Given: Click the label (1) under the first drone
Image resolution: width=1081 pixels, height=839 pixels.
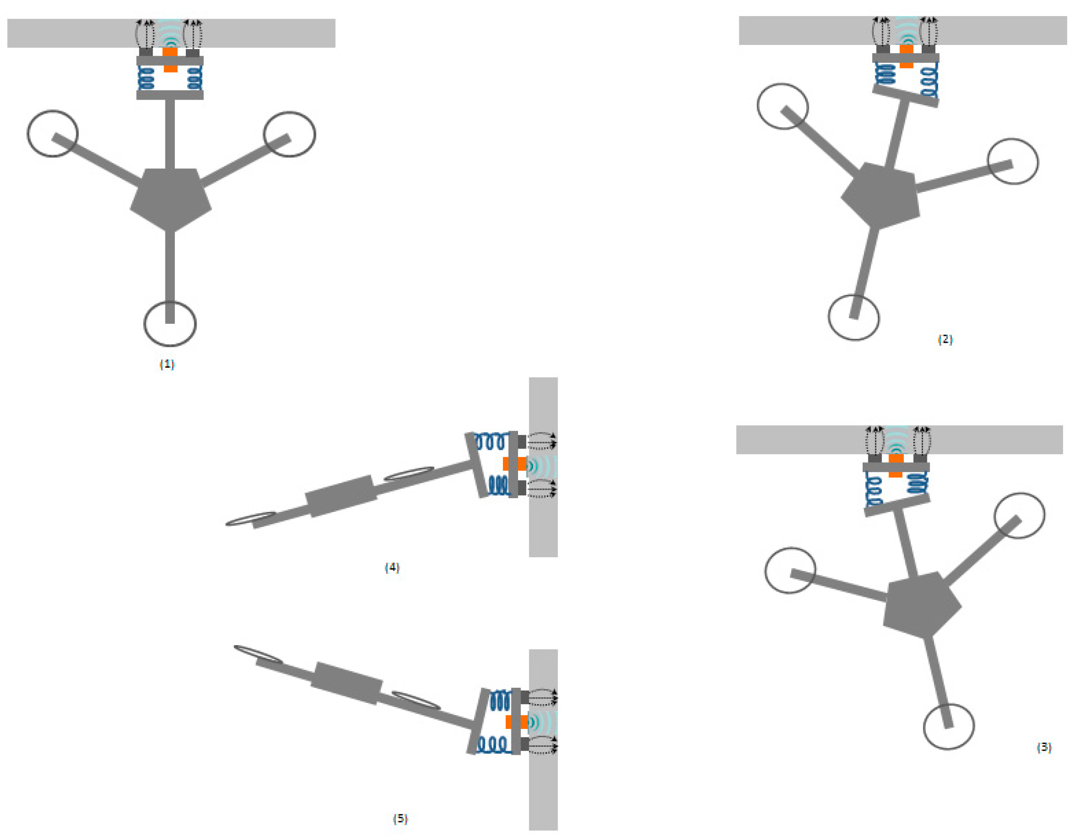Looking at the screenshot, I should (167, 364).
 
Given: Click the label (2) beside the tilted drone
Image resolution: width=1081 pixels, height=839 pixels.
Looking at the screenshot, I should (945, 339).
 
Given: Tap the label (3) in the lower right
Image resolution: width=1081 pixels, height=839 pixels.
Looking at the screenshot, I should (1044, 747).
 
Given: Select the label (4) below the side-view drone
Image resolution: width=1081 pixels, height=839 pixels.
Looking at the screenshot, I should (392, 567).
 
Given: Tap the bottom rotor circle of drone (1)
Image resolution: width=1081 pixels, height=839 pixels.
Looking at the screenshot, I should (170, 324).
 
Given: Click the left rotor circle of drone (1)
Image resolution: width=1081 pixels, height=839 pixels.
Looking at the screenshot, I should (52, 134).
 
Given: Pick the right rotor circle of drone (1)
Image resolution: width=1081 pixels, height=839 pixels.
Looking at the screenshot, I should (290, 134).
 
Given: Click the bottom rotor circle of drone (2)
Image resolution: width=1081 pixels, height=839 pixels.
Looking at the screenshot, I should (854, 317).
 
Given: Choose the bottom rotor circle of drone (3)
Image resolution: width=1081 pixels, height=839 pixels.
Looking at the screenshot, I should (949, 726).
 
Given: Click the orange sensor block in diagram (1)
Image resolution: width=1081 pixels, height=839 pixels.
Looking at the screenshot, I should (170, 59).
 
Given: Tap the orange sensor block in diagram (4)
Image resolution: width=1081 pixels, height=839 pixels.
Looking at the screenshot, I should (515, 464).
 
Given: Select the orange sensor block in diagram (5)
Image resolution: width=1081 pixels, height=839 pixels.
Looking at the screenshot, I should (516, 722).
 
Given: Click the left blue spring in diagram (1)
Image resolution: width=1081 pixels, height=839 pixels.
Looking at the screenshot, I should (146, 78).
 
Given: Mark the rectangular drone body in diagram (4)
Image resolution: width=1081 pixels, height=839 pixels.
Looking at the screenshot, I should (341, 496).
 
